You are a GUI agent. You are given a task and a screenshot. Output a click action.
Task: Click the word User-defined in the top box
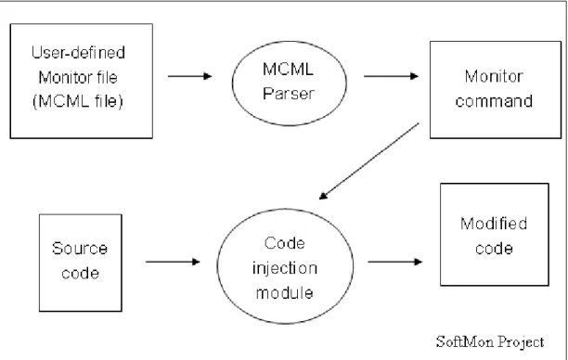pyautogui.click(x=78, y=53)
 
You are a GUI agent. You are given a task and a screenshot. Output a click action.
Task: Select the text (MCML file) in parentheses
pyautogui.click(x=78, y=101)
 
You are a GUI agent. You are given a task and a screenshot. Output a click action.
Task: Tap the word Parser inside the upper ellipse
pyautogui.click(x=289, y=94)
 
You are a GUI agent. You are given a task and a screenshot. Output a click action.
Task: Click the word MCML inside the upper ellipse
pyautogui.click(x=289, y=70)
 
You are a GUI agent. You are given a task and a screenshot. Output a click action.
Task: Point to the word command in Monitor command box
pyautogui.click(x=494, y=101)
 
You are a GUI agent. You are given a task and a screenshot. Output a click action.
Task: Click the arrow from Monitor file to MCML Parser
pyautogui.click(x=190, y=76)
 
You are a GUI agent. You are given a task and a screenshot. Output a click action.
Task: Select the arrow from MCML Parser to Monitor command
pyautogui.click(x=392, y=76)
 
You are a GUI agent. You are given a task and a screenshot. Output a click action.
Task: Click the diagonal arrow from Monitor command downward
pyautogui.click(x=369, y=161)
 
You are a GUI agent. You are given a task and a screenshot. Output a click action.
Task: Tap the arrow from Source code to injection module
pyautogui.click(x=173, y=262)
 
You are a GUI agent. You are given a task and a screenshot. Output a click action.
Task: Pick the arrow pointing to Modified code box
pyautogui.click(x=395, y=262)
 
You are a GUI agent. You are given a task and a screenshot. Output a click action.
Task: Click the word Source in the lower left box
pyautogui.click(x=80, y=249)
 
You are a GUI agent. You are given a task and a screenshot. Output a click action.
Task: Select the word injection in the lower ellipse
pyautogui.click(x=285, y=269)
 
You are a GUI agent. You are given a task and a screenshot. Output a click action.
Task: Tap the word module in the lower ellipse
pyautogui.click(x=285, y=293)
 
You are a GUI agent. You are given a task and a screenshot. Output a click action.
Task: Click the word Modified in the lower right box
pyautogui.click(x=494, y=224)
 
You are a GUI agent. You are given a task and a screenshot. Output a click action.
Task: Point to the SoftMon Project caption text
pyautogui.click(x=490, y=342)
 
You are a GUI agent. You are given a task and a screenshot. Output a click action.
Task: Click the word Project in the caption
pyautogui.click(x=521, y=342)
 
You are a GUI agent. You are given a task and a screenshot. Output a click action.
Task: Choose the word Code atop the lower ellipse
pyautogui.click(x=285, y=243)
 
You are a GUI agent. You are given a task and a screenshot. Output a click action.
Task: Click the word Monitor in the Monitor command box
pyautogui.click(x=494, y=76)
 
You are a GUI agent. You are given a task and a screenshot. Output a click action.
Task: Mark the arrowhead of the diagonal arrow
pyautogui.click(x=324, y=196)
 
